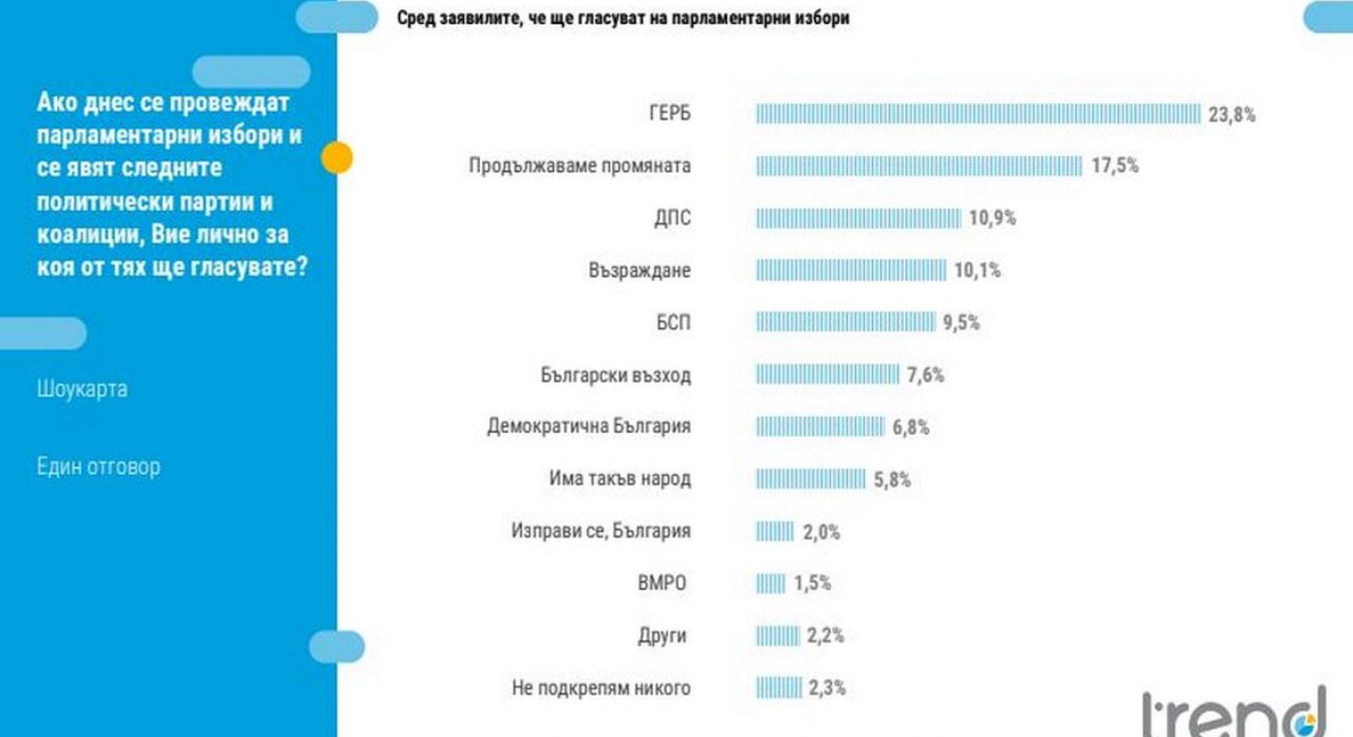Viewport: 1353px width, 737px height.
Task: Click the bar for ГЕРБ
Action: coord(978,114)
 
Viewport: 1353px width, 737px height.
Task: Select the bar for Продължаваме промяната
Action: coord(919,166)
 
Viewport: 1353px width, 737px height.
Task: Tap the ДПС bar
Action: coord(858,219)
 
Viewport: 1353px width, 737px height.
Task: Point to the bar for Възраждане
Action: coord(851,271)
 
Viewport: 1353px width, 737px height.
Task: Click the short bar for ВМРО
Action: coord(771,584)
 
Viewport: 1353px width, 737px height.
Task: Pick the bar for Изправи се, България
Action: coord(775,532)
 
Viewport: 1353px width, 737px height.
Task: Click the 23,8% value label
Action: coord(1231,115)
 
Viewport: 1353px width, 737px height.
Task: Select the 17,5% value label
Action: coord(1114,166)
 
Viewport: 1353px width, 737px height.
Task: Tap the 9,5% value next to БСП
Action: coord(961,324)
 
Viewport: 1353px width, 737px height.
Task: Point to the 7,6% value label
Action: coord(925,376)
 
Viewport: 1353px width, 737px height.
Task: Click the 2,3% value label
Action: coord(826,688)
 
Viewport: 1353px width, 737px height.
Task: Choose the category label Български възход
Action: coord(615,376)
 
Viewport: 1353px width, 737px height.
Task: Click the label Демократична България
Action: coord(589,427)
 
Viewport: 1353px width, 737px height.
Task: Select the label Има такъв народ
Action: coord(619,479)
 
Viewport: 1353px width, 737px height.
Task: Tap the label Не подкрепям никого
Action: coord(601,688)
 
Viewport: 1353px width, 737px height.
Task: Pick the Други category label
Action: coord(662,636)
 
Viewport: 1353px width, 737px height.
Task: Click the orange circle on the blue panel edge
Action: coord(337,158)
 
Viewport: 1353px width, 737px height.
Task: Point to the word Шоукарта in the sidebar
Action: coord(82,388)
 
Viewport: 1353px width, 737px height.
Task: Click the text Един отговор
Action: coord(98,466)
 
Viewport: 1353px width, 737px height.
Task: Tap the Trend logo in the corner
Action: coord(1234,713)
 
